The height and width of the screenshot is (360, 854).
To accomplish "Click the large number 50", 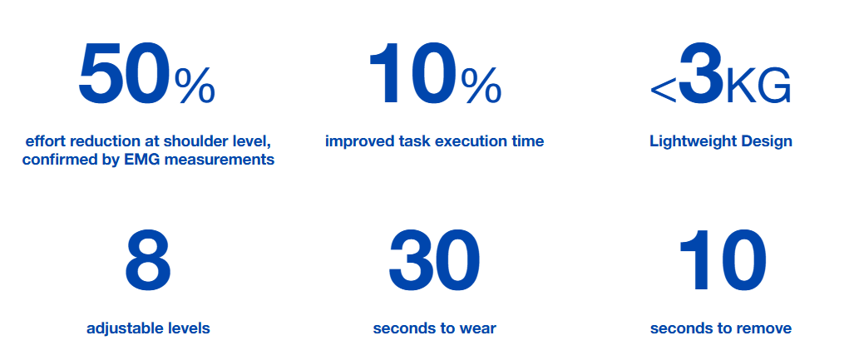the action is [x=124, y=75].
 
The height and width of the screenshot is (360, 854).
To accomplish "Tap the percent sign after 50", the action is [x=195, y=86].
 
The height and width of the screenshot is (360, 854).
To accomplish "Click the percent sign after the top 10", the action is [x=481, y=86].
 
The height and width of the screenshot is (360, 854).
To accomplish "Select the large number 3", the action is [x=702, y=75].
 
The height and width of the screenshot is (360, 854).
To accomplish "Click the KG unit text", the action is [x=758, y=86].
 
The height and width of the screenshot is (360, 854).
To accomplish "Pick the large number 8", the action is [x=147, y=261].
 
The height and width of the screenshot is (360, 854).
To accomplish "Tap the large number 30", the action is [x=434, y=261].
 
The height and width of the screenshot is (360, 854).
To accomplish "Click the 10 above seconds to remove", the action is [x=721, y=261].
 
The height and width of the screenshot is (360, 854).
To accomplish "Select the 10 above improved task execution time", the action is [x=412, y=75].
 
